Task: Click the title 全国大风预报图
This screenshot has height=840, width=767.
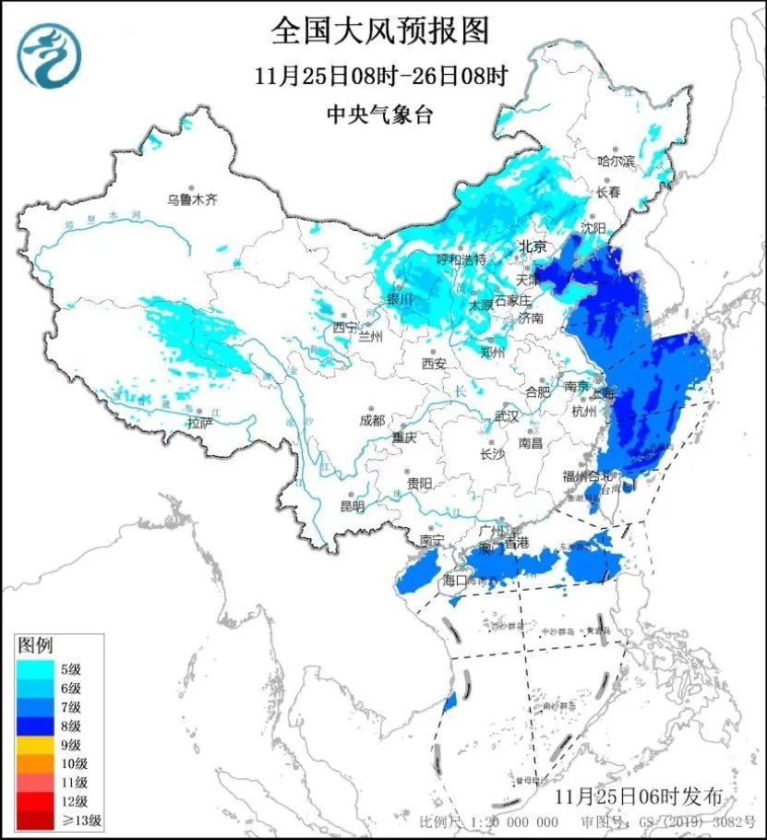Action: tap(380, 31)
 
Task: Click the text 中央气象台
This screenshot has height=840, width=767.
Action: tap(380, 114)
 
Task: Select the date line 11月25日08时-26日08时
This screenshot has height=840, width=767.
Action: tap(380, 76)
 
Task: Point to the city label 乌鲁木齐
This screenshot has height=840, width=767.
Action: tap(191, 199)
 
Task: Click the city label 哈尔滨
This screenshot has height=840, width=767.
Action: tap(617, 161)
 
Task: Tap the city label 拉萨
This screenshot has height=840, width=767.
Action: tap(199, 423)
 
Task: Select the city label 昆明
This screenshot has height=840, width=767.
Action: tap(352, 506)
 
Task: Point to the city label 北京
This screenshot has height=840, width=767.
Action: tap(533, 246)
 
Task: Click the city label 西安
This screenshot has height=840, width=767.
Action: tap(434, 363)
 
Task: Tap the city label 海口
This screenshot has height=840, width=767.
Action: tap(456, 580)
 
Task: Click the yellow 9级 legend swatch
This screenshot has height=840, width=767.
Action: tap(38, 744)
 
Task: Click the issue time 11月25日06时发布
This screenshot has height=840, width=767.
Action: tap(639, 796)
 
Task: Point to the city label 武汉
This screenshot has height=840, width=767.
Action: tap(507, 417)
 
